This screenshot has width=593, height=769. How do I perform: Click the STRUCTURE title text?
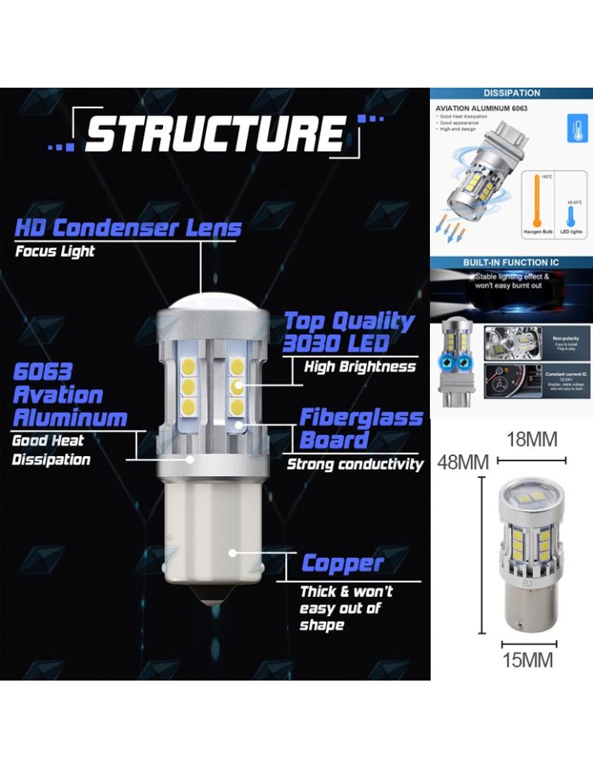tap(215, 134)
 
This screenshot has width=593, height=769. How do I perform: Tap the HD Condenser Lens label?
tap(128, 228)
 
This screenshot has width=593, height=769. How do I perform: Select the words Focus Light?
tap(55, 251)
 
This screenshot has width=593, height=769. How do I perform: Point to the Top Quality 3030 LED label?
tap(348, 332)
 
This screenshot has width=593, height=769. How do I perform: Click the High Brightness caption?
tap(359, 367)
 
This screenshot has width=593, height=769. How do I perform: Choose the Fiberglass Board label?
tap(361, 429)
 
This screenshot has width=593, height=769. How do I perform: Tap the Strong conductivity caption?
tap(355, 464)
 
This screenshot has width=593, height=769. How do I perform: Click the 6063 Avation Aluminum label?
tap(69, 395)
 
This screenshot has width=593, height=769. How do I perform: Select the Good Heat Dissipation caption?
tap(51, 451)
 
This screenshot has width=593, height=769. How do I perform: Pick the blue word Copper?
tap(342, 564)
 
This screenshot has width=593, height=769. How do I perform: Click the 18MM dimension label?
tap(532, 440)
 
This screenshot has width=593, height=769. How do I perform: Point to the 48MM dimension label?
tap(463, 463)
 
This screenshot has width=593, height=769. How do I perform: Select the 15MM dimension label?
tap(528, 660)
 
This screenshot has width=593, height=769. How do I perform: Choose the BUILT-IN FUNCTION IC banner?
tap(511, 262)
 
